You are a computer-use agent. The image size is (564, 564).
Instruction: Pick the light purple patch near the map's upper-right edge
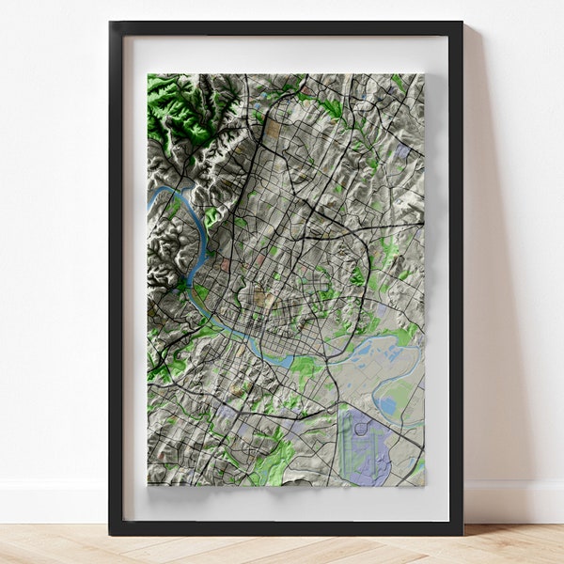click(x=402, y=150)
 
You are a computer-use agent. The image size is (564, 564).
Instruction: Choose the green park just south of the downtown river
click(x=303, y=367)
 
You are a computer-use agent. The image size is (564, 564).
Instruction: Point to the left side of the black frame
click(x=116, y=282)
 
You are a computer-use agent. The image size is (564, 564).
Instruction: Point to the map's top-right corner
click(x=422, y=76)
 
